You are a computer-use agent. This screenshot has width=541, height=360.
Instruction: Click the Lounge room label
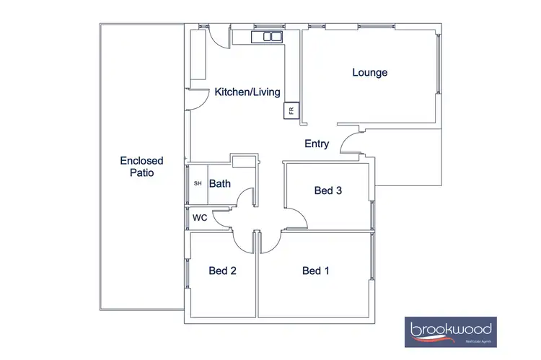click(369, 72)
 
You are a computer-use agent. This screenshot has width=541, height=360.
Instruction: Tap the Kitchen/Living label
click(247, 92)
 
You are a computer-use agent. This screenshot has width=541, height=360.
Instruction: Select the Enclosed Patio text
click(141, 167)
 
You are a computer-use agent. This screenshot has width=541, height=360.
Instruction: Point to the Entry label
click(317, 144)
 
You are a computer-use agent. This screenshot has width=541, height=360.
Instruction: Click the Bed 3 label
click(327, 190)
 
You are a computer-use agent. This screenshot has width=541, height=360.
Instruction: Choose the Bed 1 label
click(315, 271)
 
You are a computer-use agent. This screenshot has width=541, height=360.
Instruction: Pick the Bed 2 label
click(223, 271)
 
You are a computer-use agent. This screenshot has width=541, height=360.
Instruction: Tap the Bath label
click(219, 183)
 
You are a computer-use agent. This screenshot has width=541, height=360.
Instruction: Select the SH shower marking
click(198, 183)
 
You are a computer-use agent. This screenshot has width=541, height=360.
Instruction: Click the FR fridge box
click(291, 111)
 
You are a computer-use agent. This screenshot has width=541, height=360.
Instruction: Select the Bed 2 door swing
click(243, 240)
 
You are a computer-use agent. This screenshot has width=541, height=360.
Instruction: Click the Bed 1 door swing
click(270, 242)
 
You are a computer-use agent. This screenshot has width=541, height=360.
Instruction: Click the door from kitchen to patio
click(195, 100)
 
